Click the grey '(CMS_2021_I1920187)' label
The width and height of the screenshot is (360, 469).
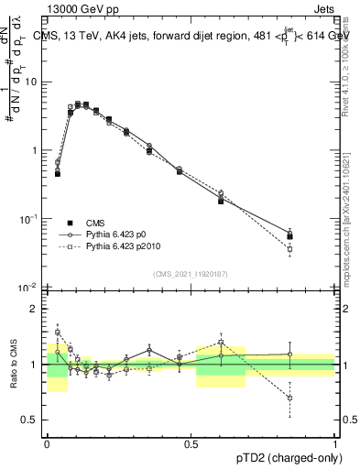(191, 274)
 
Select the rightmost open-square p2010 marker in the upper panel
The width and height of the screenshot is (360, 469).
(289, 248)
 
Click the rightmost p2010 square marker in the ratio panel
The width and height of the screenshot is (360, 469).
(289, 398)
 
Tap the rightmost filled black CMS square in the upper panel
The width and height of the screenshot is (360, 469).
(289, 236)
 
